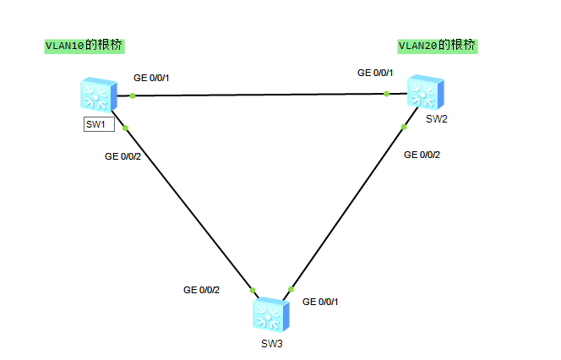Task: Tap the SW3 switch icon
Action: click(270, 314)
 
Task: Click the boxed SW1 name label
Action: click(97, 124)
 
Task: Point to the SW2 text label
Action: click(436, 118)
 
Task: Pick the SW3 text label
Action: click(271, 344)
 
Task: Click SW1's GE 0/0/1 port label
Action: click(151, 79)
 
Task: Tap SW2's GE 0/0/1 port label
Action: click(375, 73)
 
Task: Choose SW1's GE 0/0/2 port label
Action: click(123, 156)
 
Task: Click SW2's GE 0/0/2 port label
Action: click(422, 155)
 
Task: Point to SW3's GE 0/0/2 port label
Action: click(201, 290)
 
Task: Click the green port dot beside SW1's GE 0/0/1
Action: click(133, 95)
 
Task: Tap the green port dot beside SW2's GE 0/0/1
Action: click(386, 93)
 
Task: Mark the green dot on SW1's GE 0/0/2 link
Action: click(125, 128)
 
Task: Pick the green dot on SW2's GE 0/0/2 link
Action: click(404, 127)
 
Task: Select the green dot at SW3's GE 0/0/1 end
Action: click(290, 290)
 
